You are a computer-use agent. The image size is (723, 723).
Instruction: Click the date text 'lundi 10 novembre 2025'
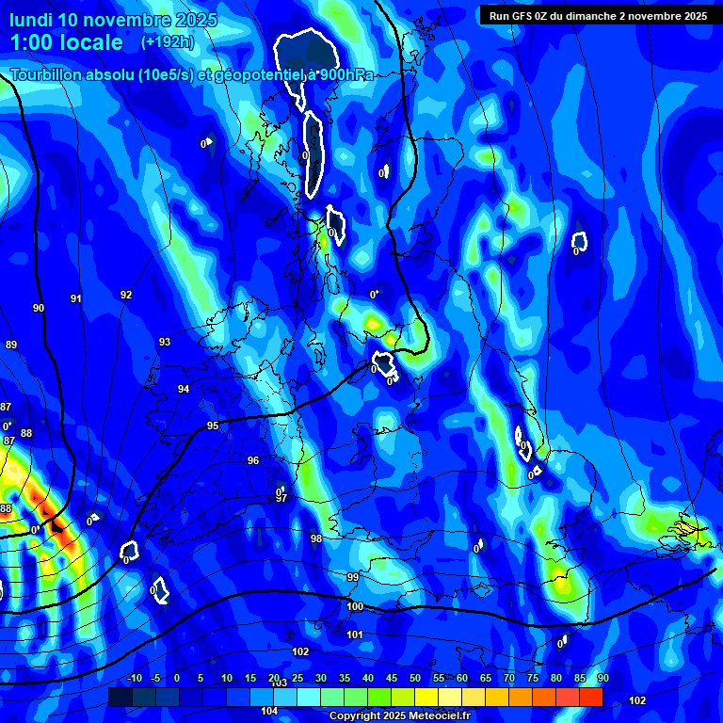pos(113,20)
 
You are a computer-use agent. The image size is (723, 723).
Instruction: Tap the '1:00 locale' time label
pos(66,42)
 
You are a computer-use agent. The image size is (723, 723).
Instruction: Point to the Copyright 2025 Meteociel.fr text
pos(399,715)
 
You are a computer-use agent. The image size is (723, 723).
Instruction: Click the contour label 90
pos(39,308)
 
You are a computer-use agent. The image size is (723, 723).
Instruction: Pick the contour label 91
pos(76,298)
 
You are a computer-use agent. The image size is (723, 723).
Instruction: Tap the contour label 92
pos(126,295)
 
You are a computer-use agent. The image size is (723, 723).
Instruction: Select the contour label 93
pos(165,342)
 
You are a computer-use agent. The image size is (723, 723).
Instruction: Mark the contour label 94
pos(184,389)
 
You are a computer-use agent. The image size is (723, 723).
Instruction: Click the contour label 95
pos(213,426)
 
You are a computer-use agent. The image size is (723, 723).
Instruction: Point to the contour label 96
pos(253,460)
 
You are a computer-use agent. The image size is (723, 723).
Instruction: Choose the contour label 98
pos(316,538)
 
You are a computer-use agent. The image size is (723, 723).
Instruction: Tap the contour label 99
pos(353,576)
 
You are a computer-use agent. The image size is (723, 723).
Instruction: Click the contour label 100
pos(355,606)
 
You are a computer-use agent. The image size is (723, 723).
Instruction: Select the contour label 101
pos(355,635)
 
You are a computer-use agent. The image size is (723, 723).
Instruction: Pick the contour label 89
pos(11,345)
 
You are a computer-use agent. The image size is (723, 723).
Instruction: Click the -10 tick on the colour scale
pos(135,678)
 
